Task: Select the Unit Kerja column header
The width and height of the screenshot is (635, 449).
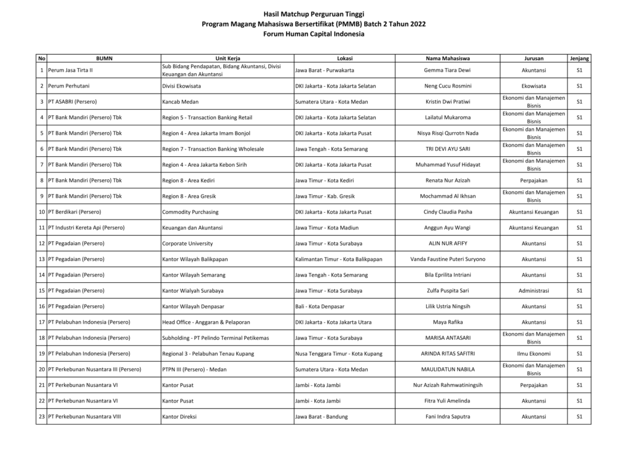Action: pos(227,58)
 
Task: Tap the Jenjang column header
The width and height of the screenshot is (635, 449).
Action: pos(579,58)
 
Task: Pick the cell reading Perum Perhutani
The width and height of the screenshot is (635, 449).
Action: pos(69,86)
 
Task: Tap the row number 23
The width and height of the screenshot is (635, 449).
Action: pos(42,417)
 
